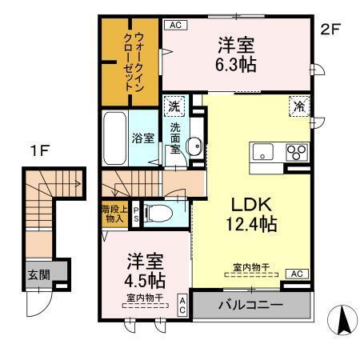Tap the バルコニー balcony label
(252, 305)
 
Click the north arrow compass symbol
(344, 322)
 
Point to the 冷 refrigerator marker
(298, 105)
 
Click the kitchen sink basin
(264, 153)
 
